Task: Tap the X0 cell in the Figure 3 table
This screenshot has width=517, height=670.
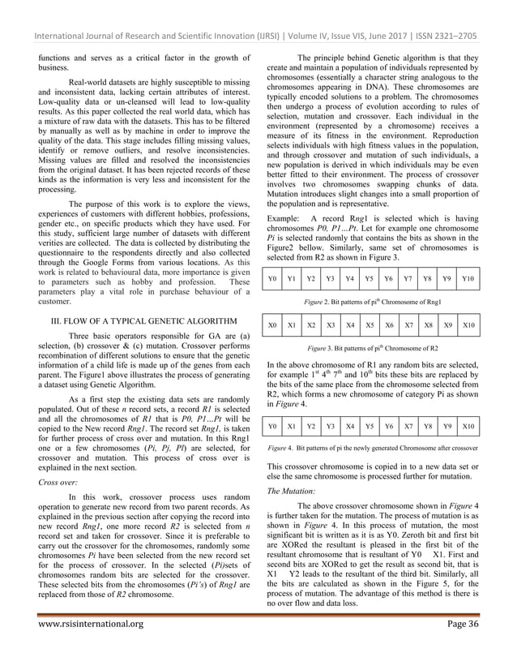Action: [x=273, y=325]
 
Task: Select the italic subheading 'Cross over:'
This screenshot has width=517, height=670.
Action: [x=56, y=481]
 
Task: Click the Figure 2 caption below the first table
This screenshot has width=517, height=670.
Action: [x=372, y=300]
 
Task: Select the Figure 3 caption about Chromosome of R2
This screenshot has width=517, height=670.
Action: [x=372, y=346]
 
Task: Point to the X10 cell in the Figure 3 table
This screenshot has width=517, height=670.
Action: [x=468, y=325]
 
